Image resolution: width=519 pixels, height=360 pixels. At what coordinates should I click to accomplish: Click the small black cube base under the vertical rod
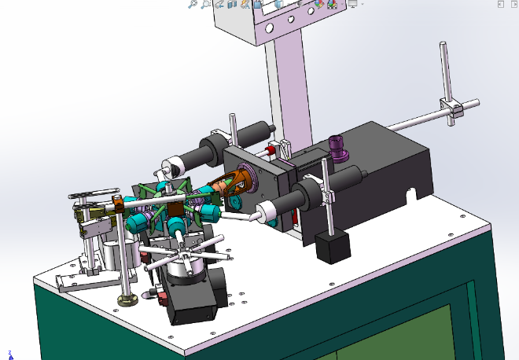point(331,247)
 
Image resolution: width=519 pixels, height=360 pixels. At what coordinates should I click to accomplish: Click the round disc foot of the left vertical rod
point(125,299)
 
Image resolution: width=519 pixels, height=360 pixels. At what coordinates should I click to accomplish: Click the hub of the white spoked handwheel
point(185,253)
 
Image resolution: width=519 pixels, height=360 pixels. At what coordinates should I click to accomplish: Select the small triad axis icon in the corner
point(10,354)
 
